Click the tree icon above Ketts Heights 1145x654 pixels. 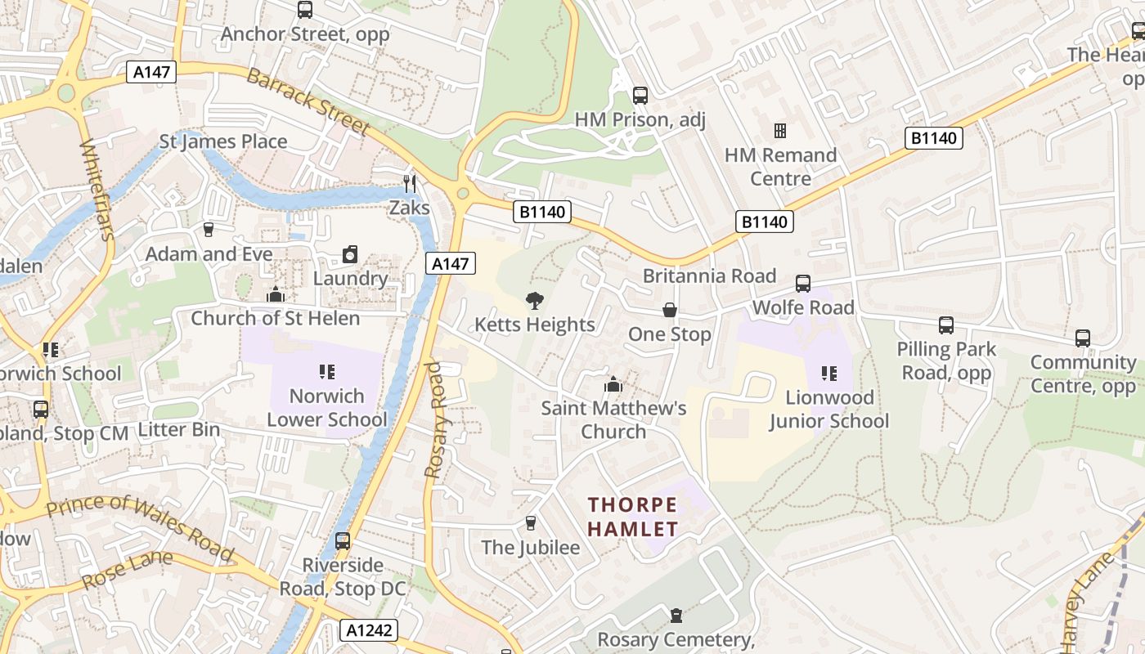click(535, 301)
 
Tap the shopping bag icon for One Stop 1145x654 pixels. click(670, 311)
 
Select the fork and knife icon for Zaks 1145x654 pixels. click(410, 184)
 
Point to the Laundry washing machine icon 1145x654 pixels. click(350, 254)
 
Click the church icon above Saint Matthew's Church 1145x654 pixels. click(613, 383)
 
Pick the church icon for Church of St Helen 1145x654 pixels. click(276, 294)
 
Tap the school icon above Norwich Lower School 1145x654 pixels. click(327, 372)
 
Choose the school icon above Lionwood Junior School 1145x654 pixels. click(829, 374)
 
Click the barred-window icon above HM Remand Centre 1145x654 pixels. click(780, 131)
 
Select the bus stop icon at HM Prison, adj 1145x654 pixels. click(640, 96)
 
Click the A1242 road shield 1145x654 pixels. click(369, 629)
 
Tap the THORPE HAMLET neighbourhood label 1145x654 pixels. click(633, 517)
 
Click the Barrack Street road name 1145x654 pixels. click(308, 101)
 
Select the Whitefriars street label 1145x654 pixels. click(95, 190)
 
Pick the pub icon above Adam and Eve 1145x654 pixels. click(209, 230)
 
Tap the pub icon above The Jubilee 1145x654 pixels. click(530, 523)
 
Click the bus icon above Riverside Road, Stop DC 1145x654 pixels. click(343, 541)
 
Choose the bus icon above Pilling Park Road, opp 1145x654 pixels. click(946, 325)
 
